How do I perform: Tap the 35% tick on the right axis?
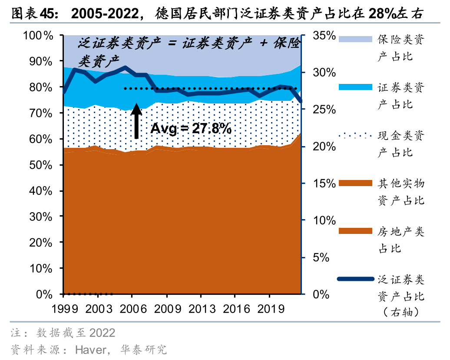click(x=324, y=36)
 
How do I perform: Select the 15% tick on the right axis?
click(x=324, y=183)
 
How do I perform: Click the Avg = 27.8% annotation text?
click(x=191, y=128)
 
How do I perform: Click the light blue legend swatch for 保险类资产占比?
click(x=356, y=39)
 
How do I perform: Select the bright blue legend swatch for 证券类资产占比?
click(x=356, y=87)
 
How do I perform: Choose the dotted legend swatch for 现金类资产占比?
click(x=356, y=135)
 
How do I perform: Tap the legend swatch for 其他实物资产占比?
click(x=356, y=183)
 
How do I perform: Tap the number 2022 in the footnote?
click(x=102, y=333)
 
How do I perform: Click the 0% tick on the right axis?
click(x=324, y=294)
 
